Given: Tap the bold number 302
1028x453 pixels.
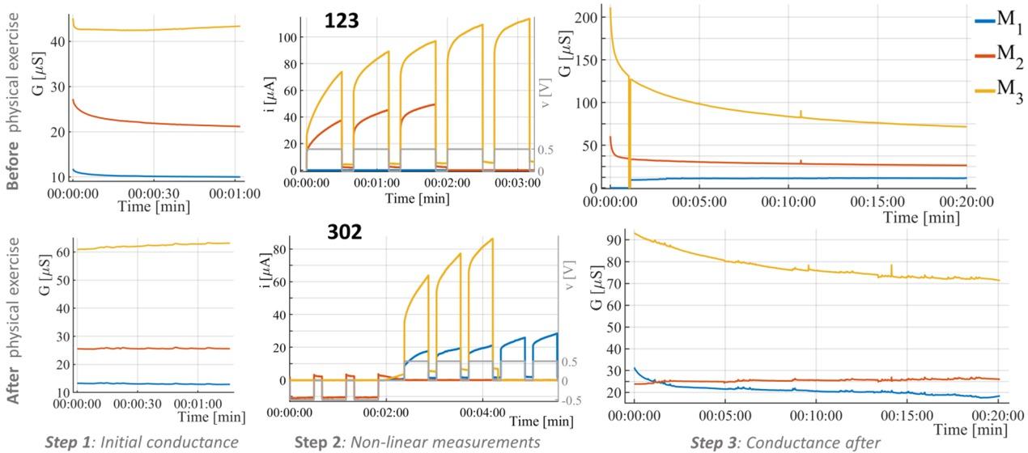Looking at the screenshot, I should [x=344, y=231].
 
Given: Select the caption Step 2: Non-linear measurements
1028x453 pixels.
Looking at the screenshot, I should [x=417, y=442].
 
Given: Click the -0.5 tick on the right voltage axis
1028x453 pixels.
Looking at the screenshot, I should [x=571, y=400].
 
